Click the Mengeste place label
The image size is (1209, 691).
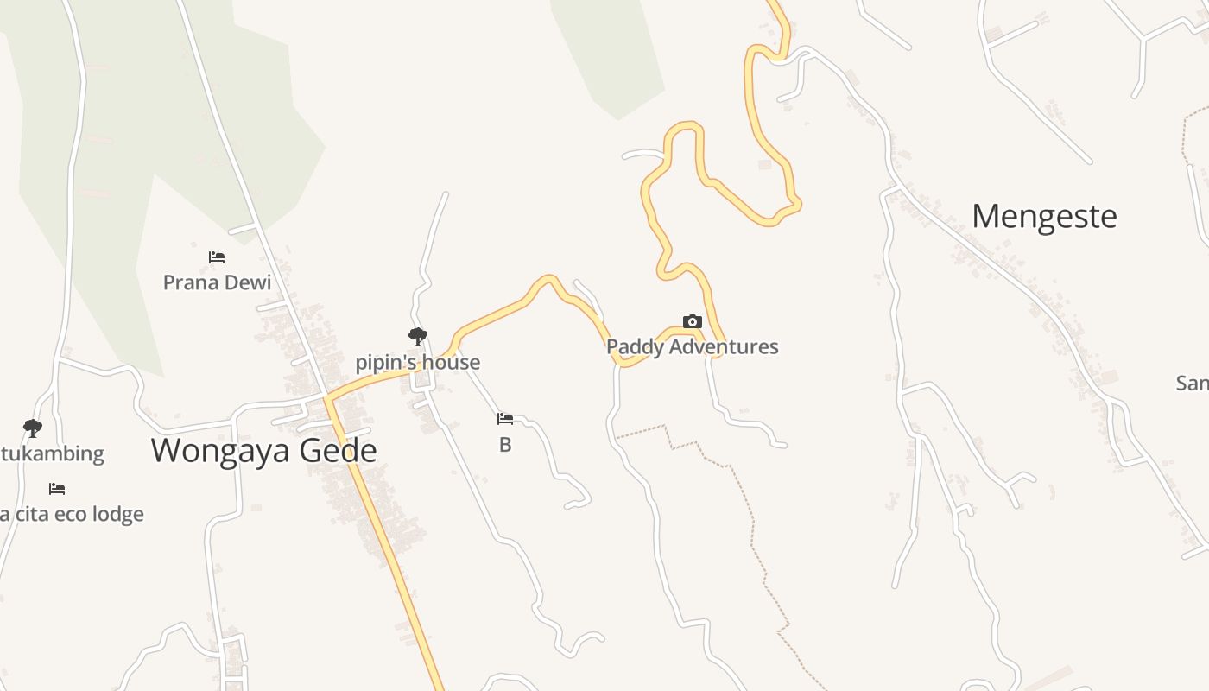pyautogui.click(x=1044, y=216)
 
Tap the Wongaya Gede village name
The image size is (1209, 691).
pyautogui.click(x=263, y=450)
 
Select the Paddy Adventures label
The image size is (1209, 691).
pyautogui.click(x=692, y=346)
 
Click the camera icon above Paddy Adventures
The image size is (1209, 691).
pyautogui.click(x=692, y=322)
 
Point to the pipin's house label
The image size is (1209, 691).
pyautogui.click(x=417, y=362)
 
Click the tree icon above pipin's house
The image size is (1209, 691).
pyautogui.click(x=417, y=336)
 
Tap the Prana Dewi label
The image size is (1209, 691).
pyautogui.click(x=217, y=282)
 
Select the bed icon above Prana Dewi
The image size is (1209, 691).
pyautogui.click(x=217, y=257)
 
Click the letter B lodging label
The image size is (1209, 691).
pyautogui.click(x=505, y=446)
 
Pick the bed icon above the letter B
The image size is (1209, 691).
pyautogui.click(x=505, y=419)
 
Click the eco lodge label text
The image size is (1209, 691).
pyautogui.click(x=73, y=515)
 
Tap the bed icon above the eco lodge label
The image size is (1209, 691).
pyautogui.click(x=57, y=489)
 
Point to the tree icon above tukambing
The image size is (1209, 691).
pyautogui.click(x=33, y=428)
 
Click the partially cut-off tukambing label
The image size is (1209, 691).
pyautogui.click(x=52, y=453)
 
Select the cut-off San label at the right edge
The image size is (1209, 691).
pyautogui.click(x=1193, y=383)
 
